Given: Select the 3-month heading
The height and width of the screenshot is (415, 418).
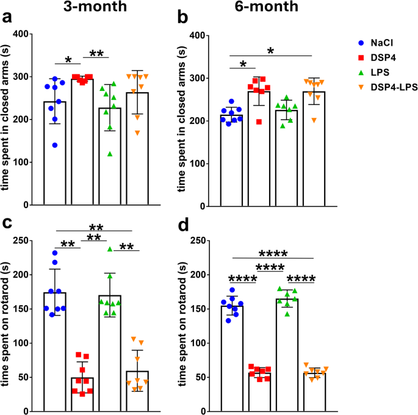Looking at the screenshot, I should pos(97,8).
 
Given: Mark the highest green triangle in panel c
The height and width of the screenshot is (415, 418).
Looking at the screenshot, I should pos(110,248).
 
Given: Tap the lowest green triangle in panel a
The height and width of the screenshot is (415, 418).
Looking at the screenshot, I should pos(110,154).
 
